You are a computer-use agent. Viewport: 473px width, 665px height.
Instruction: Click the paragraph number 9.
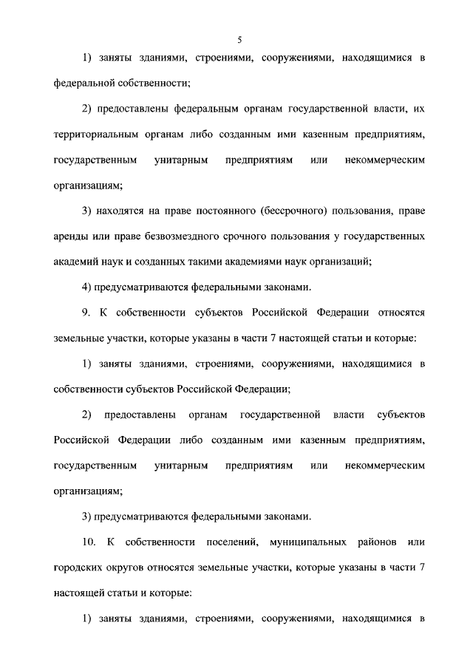pos(87,313)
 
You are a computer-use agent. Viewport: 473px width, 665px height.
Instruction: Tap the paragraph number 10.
pos(89,543)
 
